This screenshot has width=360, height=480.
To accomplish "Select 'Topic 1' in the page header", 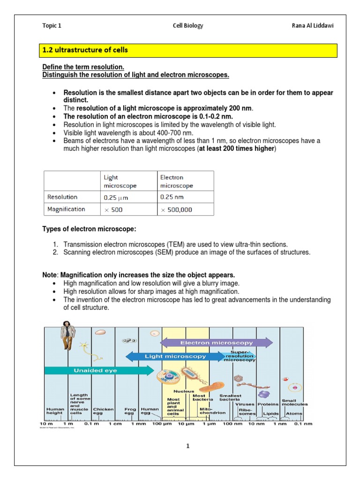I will [52, 26].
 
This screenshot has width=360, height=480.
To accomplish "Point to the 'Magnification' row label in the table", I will [67, 210].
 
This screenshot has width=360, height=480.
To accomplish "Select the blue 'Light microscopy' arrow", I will [175, 356].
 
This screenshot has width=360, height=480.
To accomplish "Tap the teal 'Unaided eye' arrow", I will [98, 370].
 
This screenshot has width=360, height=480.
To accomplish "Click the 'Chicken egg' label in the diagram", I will [103, 411].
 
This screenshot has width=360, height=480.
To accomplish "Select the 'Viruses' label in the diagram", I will [244, 404].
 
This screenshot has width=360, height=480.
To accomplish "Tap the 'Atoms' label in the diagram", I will [294, 413].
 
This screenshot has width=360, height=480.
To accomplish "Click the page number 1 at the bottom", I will [187, 447].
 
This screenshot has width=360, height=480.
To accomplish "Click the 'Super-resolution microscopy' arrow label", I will [242, 356].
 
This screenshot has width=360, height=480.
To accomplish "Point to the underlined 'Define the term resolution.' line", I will [83, 67].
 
